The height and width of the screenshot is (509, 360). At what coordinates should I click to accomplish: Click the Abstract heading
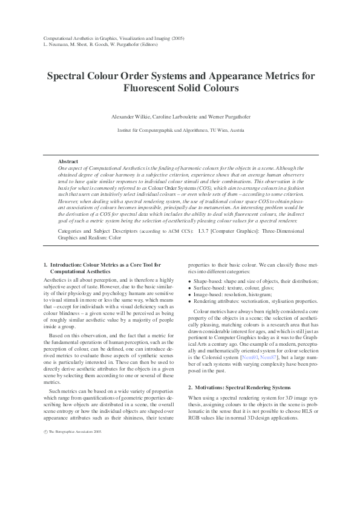tap(67, 161)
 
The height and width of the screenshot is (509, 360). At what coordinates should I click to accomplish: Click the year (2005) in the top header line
tap(178, 39)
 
